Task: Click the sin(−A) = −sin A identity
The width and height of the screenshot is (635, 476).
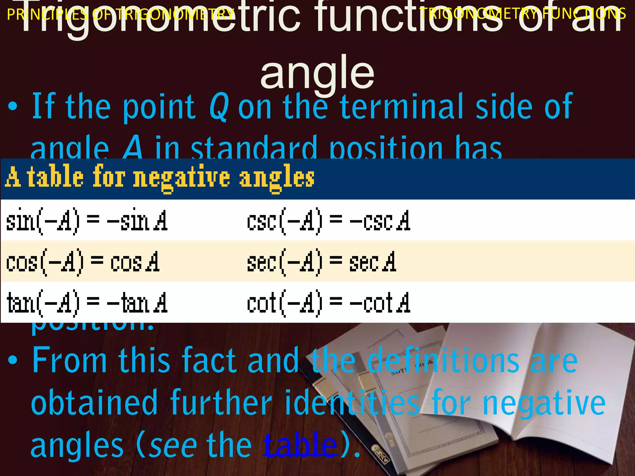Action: point(87,221)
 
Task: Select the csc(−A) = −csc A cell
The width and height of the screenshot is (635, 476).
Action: point(329,221)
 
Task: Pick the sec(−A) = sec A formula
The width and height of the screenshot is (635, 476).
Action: point(322,262)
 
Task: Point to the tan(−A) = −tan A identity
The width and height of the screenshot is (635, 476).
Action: point(87,302)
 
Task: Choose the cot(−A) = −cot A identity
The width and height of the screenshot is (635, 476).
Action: point(329,302)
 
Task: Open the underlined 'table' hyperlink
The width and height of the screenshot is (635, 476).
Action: point(300,445)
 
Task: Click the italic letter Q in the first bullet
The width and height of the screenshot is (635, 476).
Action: point(219,107)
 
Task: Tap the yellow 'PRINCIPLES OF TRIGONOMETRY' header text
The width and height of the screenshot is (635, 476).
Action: point(120,14)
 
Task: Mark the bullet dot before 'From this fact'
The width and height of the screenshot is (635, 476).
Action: point(13,360)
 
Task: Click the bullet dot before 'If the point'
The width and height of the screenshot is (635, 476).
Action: point(13,107)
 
